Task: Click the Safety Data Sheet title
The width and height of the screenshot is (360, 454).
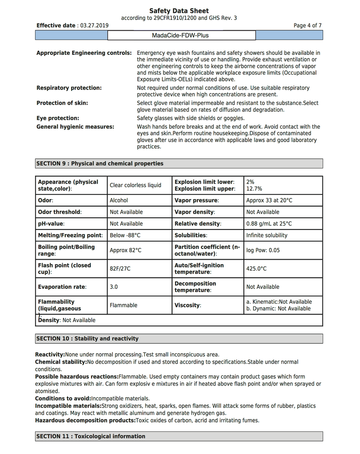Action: pos(179,11)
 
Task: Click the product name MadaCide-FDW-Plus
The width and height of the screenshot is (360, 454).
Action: pos(181,35)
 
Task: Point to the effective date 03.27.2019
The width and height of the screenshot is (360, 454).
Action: pos(94,26)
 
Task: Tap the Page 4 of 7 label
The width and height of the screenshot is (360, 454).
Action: pos(307,26)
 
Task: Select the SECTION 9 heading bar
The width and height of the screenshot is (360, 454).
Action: pos(179,163)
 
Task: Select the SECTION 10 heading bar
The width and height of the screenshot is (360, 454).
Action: pos(179,338)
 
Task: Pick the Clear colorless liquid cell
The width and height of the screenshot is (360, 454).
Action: pos(135,185)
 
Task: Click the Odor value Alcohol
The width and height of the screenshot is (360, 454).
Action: pos(119,200)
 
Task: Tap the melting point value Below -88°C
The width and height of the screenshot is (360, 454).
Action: pos(125,235)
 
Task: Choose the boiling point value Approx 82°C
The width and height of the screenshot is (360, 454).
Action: pos(126,250)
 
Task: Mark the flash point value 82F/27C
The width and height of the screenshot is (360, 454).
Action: pos(120,269)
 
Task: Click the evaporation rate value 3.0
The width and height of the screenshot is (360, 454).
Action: pos(114,287)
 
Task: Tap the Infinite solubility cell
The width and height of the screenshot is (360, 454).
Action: pos(266,235)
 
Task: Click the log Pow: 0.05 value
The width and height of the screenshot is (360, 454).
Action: pos(263,250)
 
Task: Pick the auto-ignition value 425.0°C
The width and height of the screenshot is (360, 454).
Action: pos(256,269)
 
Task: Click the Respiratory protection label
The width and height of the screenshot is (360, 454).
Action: pos(69,88)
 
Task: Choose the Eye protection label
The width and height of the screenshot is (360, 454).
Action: pos(58,118)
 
